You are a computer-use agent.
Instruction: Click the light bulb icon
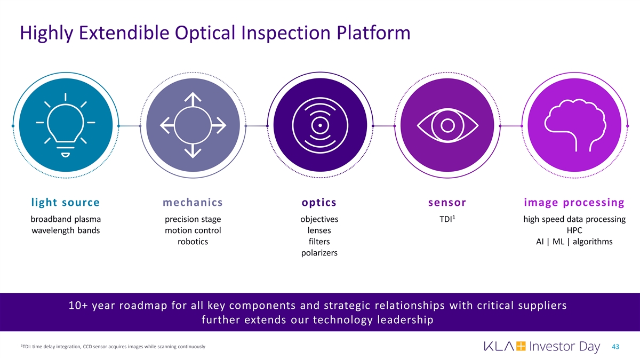click(66, 125)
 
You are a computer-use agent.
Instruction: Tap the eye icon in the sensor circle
click(447, 125)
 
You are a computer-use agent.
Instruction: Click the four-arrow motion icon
click(193, 125)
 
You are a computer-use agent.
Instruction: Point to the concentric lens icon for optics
click(320, 125)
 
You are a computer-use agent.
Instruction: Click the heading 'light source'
click(66, 202)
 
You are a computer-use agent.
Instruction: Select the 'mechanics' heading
click(193, 202)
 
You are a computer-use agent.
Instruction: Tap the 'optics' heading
click(319, 203)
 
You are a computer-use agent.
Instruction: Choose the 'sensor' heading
click(447, 203)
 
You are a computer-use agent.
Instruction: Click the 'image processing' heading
click(574, 203)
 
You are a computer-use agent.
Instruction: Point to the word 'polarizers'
click(319, 253)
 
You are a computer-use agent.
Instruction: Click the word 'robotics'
click(193, 242)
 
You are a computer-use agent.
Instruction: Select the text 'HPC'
click(574, 230)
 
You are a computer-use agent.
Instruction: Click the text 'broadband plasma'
click(66, 219)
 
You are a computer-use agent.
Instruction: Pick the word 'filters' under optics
click(319, 242)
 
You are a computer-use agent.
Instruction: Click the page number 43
click(615, 347)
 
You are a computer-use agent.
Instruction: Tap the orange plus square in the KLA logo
click(521, 346)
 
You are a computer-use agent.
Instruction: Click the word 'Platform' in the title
click(373, 33)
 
